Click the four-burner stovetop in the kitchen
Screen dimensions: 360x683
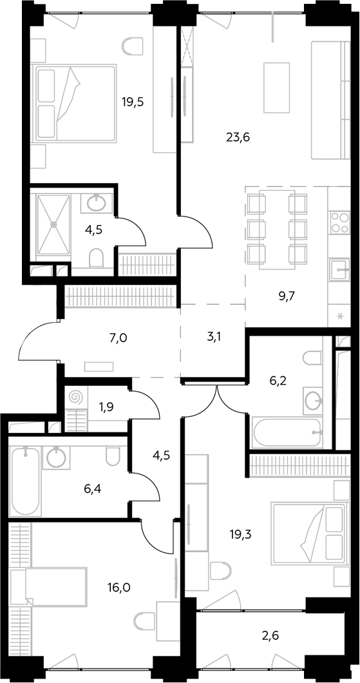coord(339,222)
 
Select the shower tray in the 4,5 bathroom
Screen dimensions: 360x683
coord(53,225)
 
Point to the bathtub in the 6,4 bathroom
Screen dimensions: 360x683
coord(26,481)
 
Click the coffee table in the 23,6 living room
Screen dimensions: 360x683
coord(277,87)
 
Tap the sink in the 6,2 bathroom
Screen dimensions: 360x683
coord(314,400)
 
